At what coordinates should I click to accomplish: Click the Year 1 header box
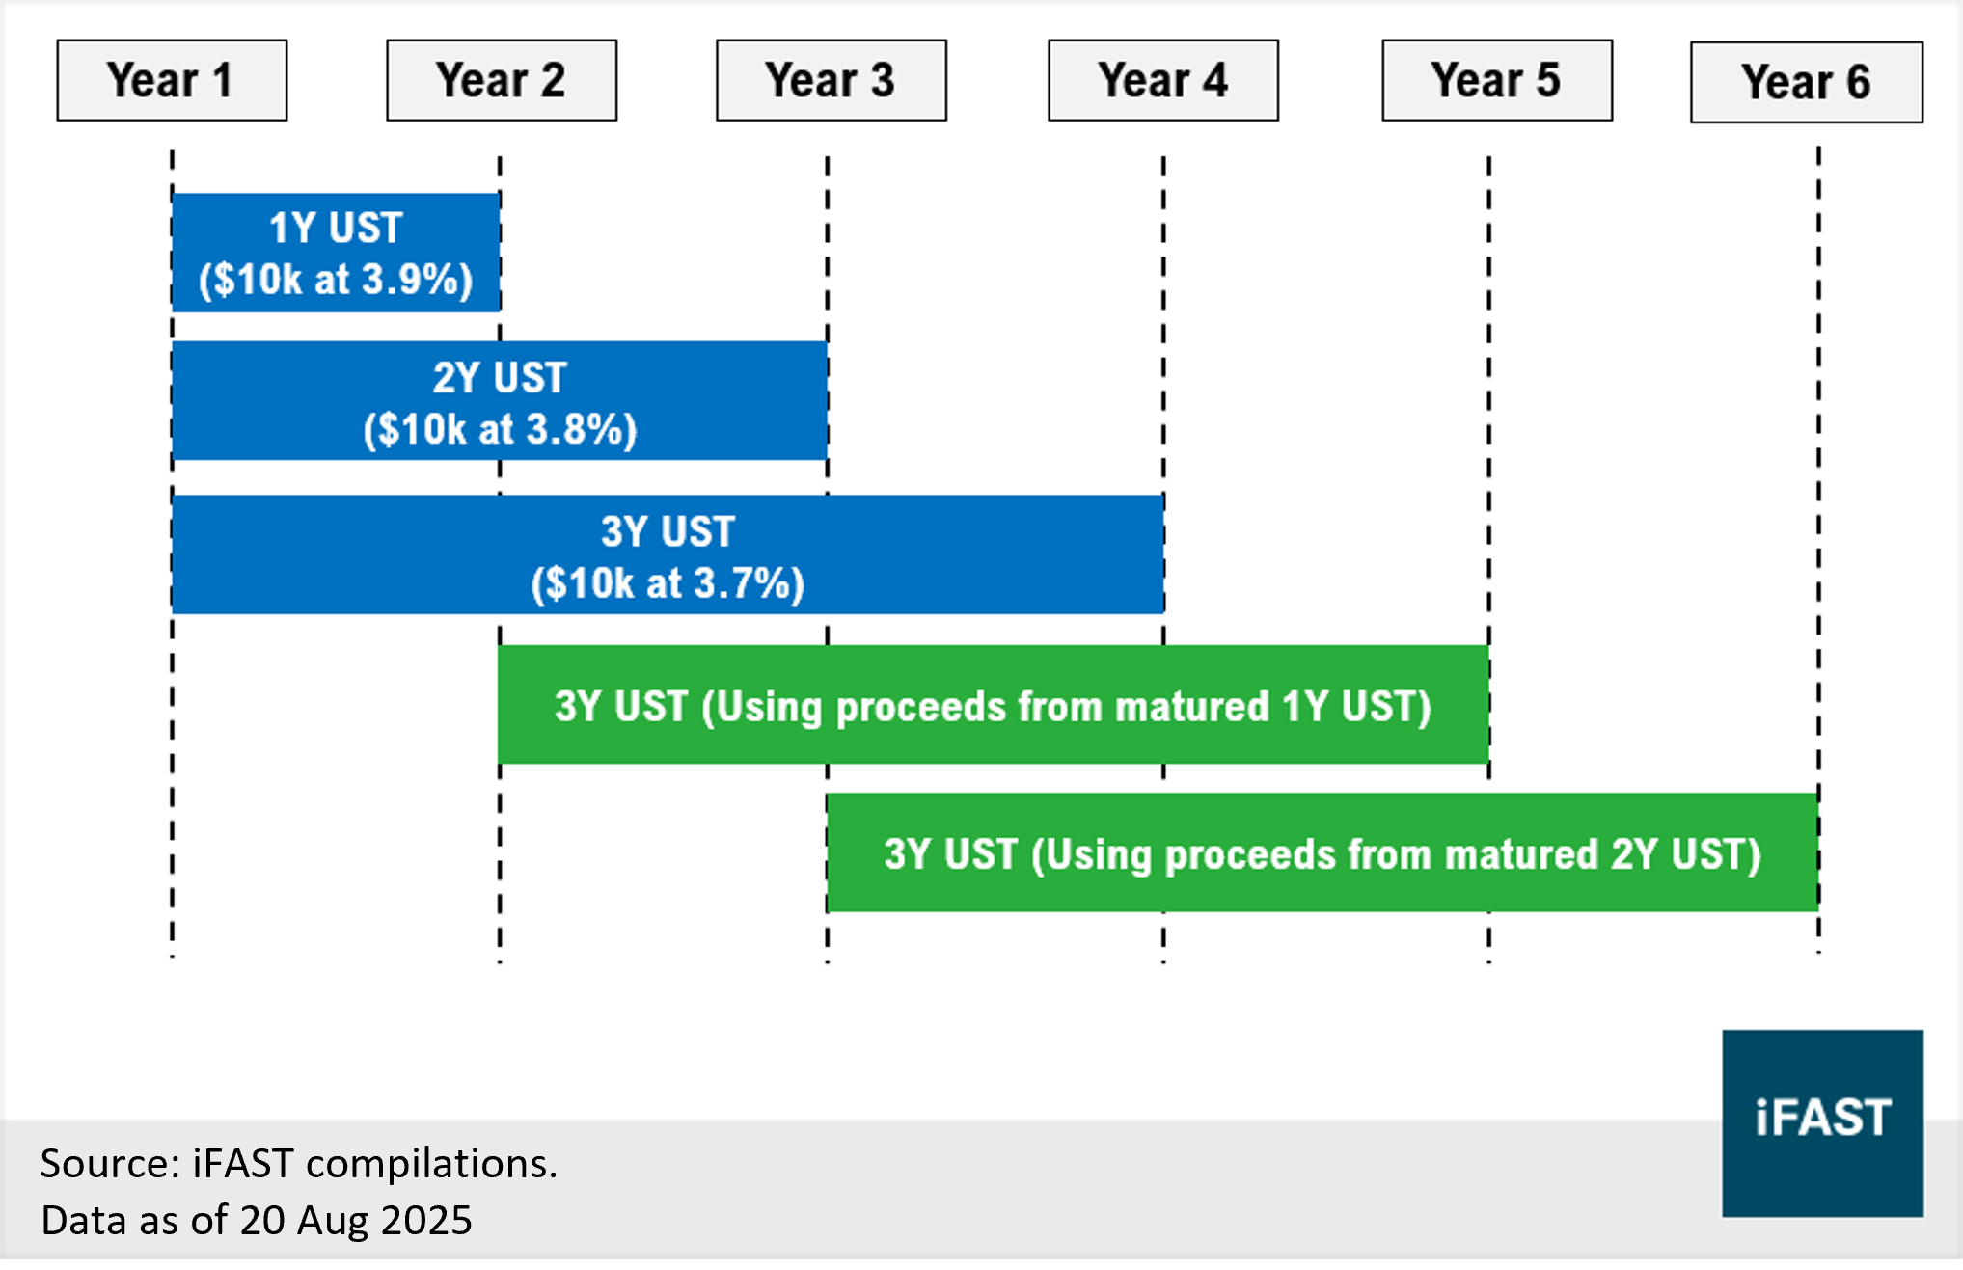coord(172,80)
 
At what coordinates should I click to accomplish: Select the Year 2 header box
coord(502,80)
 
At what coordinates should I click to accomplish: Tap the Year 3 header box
coord(832,80)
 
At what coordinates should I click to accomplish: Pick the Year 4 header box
coord(1163,80)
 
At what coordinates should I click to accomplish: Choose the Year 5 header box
coord(1497,80)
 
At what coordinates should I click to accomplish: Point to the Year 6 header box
coord(1807,82)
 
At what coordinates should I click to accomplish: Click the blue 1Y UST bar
coord(336,253)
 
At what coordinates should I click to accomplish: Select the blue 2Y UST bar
coord(500,401)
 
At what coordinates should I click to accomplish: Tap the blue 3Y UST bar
coord(668,554)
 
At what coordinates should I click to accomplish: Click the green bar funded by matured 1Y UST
coord(994,705)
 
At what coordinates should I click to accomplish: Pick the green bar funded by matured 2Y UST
coord(1322,852)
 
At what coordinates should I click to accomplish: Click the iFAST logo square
coord(1823,1123)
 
